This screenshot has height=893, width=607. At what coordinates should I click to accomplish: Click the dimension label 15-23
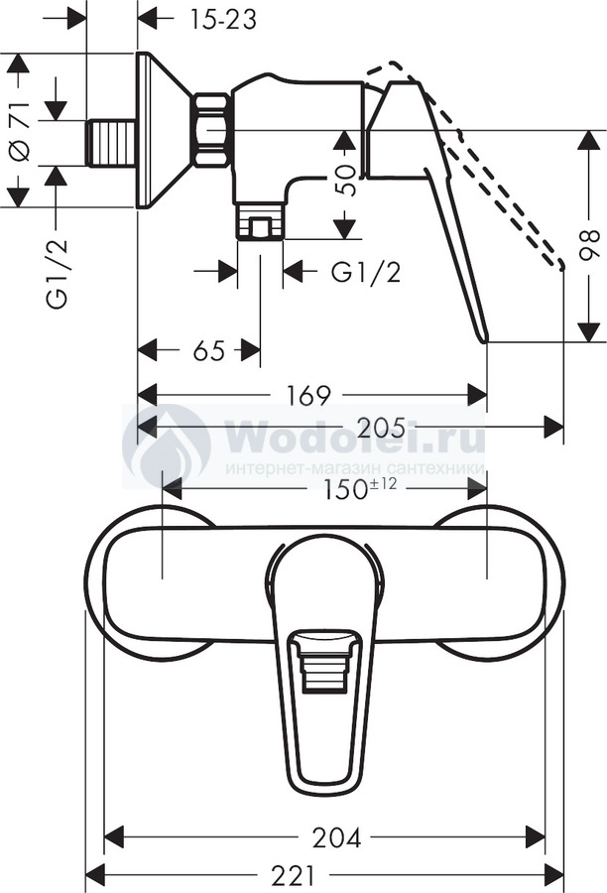[x=222, y=20]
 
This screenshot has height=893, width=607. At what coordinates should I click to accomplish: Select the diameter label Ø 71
[x=20, y=131]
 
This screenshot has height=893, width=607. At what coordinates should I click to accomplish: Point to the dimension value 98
[x=589, y=245]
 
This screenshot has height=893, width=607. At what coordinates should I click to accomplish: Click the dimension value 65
[x=209, y=350]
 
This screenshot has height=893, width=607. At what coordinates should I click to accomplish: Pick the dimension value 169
[x=308, y=395]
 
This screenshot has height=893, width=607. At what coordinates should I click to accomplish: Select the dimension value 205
[x=381, y=427]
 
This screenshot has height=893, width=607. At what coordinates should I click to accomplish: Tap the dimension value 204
[x=337, y=837]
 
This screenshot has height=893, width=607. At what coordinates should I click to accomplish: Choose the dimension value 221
[x=294, y=875]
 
